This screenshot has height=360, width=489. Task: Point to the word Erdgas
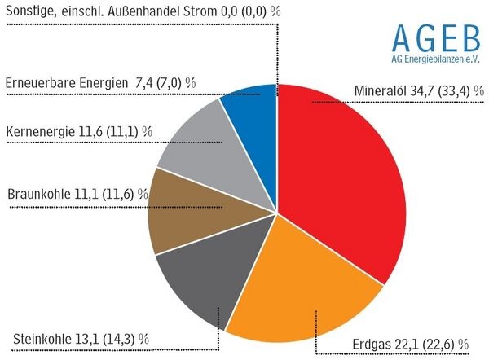tap(373, 342)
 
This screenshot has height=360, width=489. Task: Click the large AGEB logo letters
tap(434, 36)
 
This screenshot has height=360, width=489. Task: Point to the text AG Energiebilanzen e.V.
tap(434, 61)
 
